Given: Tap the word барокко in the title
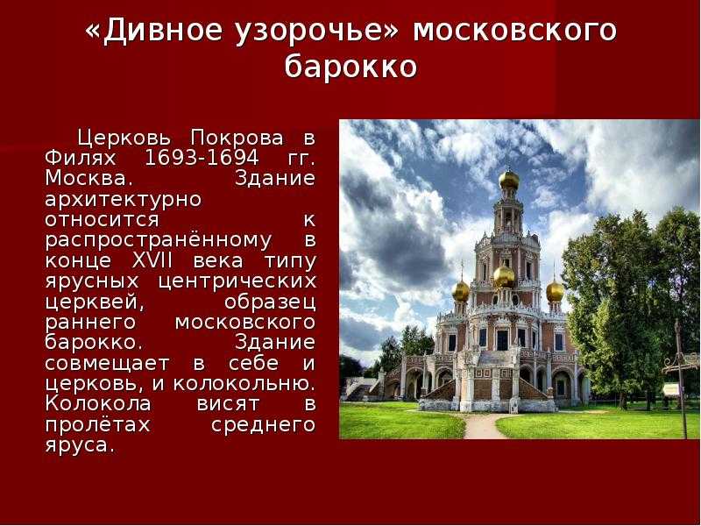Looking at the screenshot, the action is pos(351,67).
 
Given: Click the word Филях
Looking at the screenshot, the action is pos(81,158).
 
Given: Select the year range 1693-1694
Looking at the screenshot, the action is pos(202,158).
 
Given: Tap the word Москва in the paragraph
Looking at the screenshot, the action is pos(86,178).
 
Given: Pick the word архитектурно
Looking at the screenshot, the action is pos(124,200).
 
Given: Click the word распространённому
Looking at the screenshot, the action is pos(159,240).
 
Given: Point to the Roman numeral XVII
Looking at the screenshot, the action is pos(152,260).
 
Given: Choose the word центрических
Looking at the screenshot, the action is pos(237,281).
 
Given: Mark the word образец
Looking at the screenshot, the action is pos(271,302).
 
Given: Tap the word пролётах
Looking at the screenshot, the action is pos(97,424).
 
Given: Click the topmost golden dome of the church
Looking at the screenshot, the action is pos(509,180).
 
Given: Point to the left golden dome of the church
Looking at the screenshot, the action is pos(461,292).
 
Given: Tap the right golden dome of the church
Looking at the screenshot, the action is pos(555,292).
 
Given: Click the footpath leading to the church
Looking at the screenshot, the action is pos(482,425).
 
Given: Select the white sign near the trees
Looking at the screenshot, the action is pos(671,389).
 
